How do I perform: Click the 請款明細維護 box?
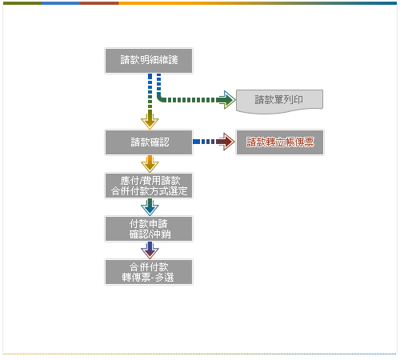click(149, 61)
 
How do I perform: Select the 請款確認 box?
click(149, 142)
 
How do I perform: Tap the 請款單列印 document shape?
click(279, 102)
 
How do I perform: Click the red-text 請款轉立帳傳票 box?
click(280, 142)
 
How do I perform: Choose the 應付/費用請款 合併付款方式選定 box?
click(149, 186)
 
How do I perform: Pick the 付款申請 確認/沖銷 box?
click(149, 229)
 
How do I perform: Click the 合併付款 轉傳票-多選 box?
click(149, 272)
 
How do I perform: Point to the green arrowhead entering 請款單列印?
click(226, 100)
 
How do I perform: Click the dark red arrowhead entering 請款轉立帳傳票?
click(226, 142)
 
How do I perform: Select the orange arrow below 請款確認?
click(150, 164)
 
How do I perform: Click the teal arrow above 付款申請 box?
click(150, 207)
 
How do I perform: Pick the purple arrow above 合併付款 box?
click(150, 250)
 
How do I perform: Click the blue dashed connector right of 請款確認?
click(204, 142)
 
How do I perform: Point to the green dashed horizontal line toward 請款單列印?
click(190, 100)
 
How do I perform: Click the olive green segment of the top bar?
click(22, 3)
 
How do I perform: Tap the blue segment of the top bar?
click(61, 3)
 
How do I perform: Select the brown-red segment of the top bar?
click(99, 3)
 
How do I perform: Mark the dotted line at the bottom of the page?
click(200, 354)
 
